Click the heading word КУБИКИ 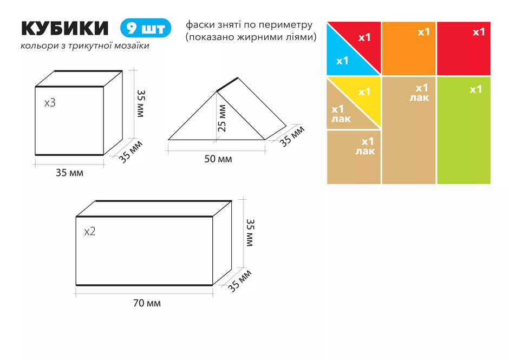coord(64,28)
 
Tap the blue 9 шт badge coord(146,28)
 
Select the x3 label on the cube coord(50,103)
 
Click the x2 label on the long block coord(90,232)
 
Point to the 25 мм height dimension coord(222,118)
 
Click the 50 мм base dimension coord(218,159)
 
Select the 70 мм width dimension coord(147,303)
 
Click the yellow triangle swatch coord(363,94)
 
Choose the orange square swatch coord(409,48)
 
